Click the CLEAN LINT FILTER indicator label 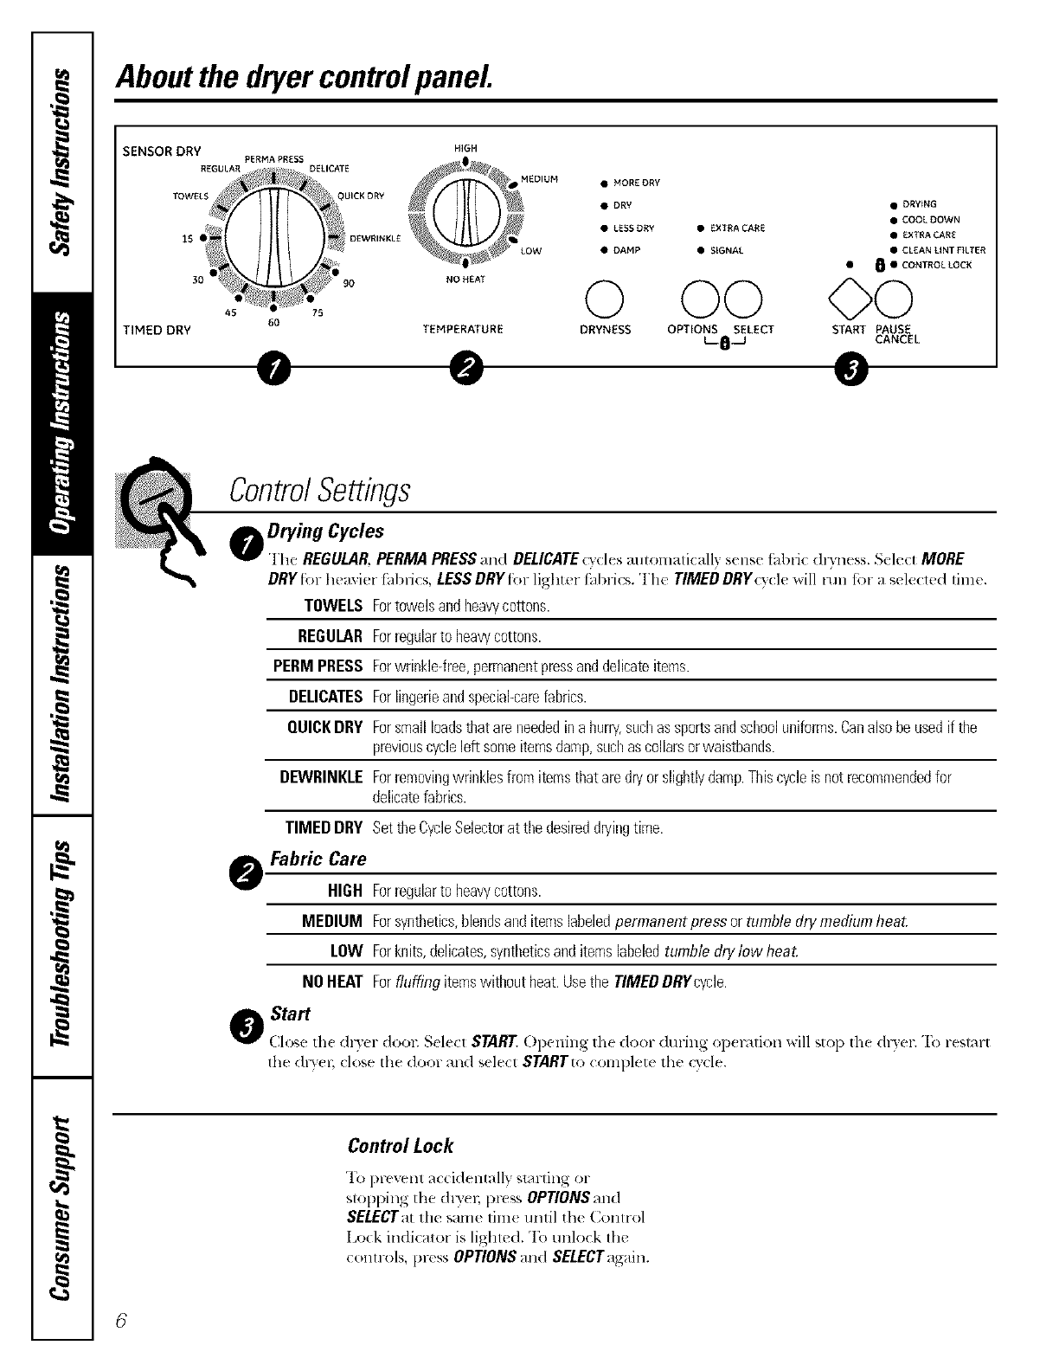coord(943,250)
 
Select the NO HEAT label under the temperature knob coord(465,280)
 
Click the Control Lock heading coord(400,1146)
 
